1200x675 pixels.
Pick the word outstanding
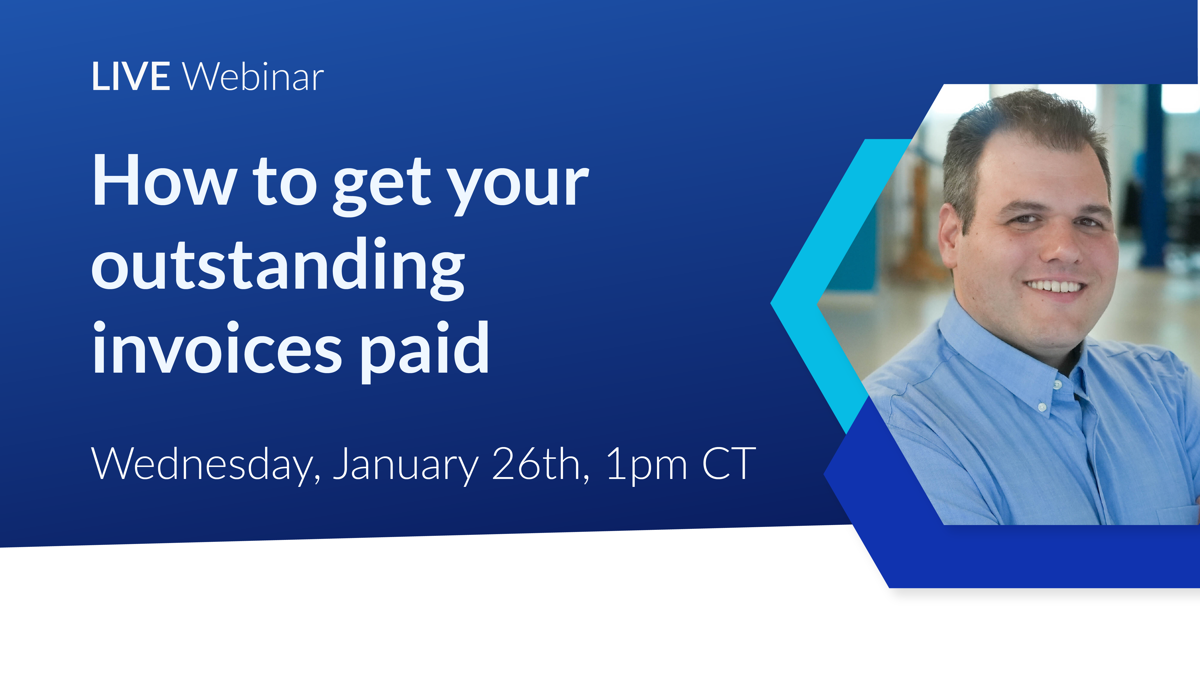(278, 268)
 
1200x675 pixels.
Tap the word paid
(424, 352)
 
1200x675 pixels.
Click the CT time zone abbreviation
(728, 464)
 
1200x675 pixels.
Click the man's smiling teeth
(1054, 286)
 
